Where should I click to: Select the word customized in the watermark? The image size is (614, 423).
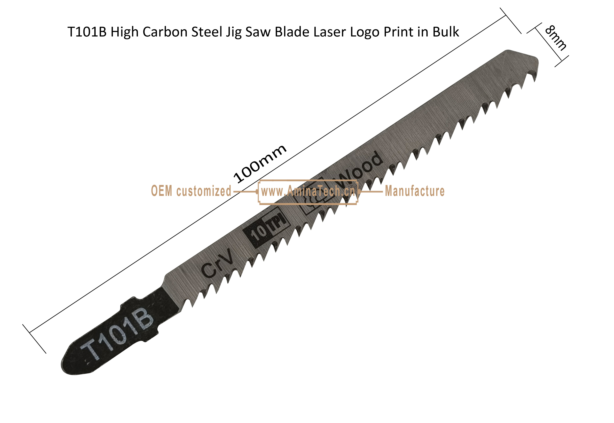[204, 191]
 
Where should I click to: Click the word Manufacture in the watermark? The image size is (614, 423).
[415, 191]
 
